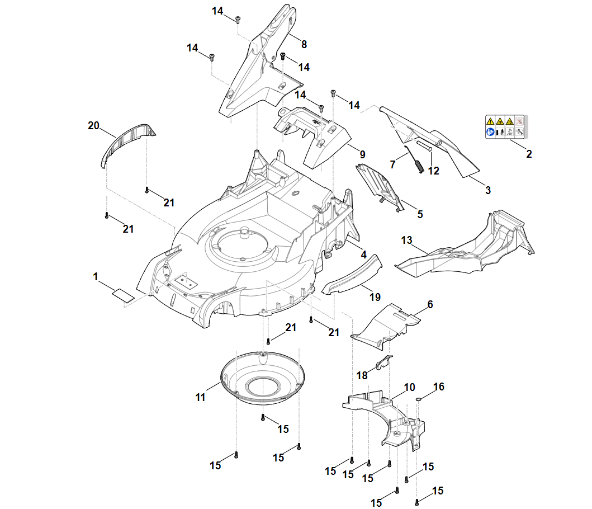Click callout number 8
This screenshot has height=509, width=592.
pos(304,45)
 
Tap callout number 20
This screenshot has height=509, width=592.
pos(93,125)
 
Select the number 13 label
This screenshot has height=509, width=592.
pos(406,241)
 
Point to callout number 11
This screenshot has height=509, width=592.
pos(200,398)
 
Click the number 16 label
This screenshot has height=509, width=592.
pos(439,387)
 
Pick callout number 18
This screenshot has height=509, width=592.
pos(362,376)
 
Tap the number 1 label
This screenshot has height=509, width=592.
pos(96,277)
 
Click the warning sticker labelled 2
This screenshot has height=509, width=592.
pos(506,127)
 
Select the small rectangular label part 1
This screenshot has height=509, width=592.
pos(124,295)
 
